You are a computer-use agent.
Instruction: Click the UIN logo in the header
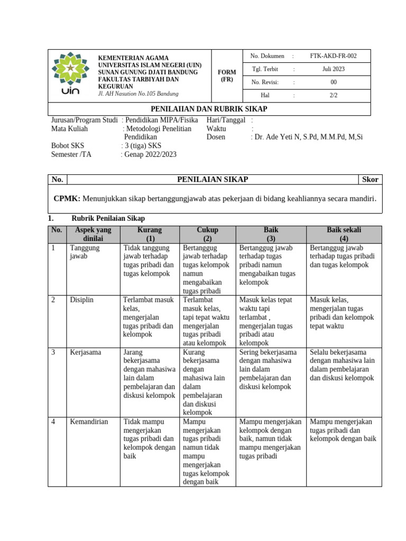coord(70,74)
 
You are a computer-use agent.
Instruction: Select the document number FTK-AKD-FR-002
coord(333,56)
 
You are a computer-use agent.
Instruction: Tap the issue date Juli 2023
coord(333,69)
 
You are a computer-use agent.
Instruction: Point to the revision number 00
coord(333,82)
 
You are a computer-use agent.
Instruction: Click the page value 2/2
coord(333,96)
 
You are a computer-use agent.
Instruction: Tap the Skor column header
coord(370,180)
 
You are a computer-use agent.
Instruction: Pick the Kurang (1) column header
coord(150,234)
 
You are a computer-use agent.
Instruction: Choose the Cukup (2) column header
coord(207,234)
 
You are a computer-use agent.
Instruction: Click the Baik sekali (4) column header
coord(344,234)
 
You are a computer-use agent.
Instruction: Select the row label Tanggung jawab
coord(82,251)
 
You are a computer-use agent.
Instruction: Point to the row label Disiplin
coord(81,300)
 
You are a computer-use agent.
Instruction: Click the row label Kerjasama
coord(86,352)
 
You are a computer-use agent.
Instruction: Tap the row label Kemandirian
coord(89,422)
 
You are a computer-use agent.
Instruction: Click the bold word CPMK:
coord(67,199)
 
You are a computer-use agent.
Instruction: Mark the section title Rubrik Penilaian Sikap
coord(108,218)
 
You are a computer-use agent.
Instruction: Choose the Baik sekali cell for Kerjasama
coord(343,365)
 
